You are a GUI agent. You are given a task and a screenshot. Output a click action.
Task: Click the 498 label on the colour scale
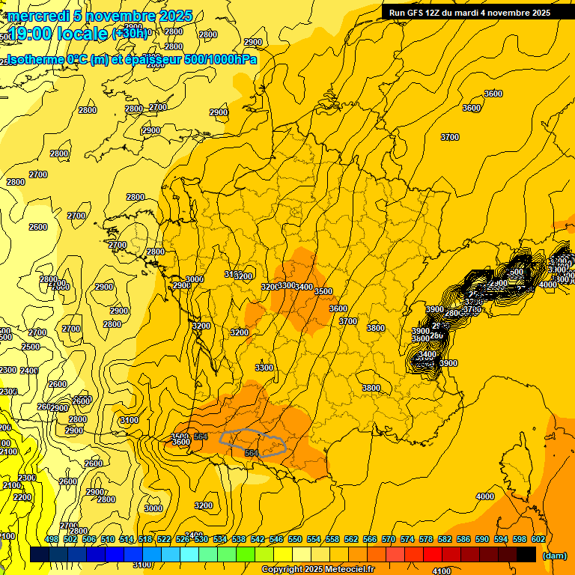tap(52, 539)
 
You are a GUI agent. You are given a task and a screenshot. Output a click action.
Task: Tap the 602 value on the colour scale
tap(538, 539)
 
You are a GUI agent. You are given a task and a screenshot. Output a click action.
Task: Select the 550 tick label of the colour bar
tap(295, 539)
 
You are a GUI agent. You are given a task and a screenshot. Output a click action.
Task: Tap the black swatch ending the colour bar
tap(526, 554)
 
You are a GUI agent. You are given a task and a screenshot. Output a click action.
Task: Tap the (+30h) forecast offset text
tap(131, 34)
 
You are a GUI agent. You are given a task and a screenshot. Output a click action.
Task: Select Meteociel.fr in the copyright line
tap(349, 570)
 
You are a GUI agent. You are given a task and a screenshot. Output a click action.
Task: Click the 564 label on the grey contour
tap(252, 452)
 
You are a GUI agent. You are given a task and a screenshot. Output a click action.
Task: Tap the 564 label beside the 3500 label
tap(201, 436)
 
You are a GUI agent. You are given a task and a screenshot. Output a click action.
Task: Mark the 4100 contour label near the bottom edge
tap(442, 571)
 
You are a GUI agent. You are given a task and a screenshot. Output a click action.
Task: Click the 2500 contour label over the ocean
tap(31, 347)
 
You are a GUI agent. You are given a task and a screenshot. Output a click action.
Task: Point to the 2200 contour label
tap(22, 497)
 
